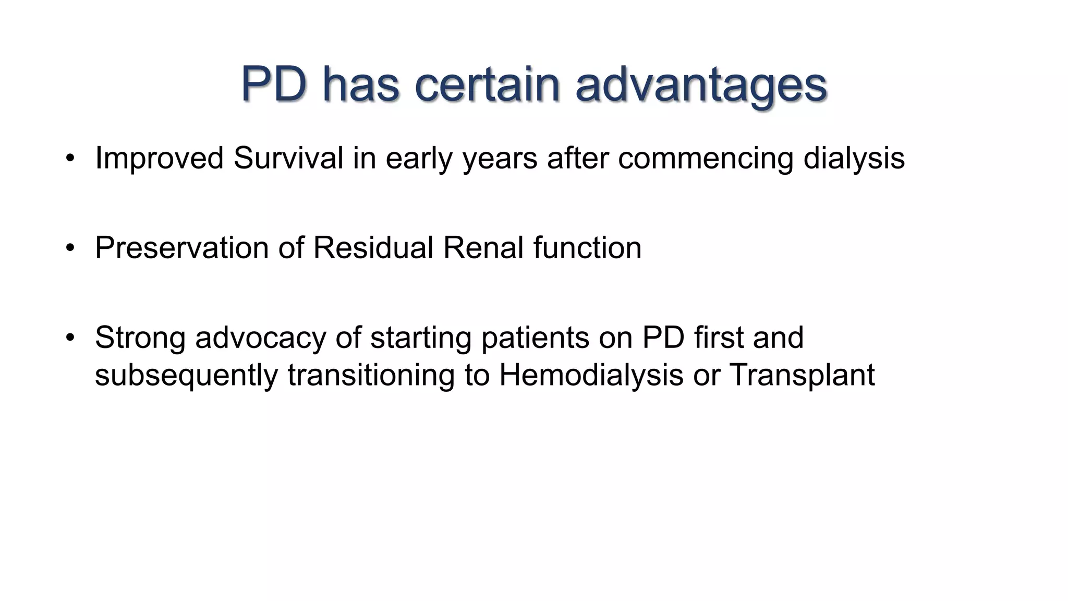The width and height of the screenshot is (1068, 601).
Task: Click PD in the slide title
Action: click(274, 85)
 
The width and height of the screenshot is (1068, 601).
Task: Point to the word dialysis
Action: click(854, 159)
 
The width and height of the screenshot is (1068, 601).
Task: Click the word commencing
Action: click(705, 159)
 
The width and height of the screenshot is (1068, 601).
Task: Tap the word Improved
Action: click(159, 159)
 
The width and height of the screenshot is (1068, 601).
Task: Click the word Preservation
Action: click(181, 248)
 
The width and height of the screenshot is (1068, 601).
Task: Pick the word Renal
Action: click(483, 248)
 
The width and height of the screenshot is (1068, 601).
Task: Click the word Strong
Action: click(140, 338)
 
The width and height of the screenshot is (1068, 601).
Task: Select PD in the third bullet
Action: click(663, 338)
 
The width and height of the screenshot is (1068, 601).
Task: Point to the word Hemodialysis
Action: click(591, 375)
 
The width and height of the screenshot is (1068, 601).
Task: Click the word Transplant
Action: click(802, 375)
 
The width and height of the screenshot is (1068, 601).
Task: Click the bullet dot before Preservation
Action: click(70, 248)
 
